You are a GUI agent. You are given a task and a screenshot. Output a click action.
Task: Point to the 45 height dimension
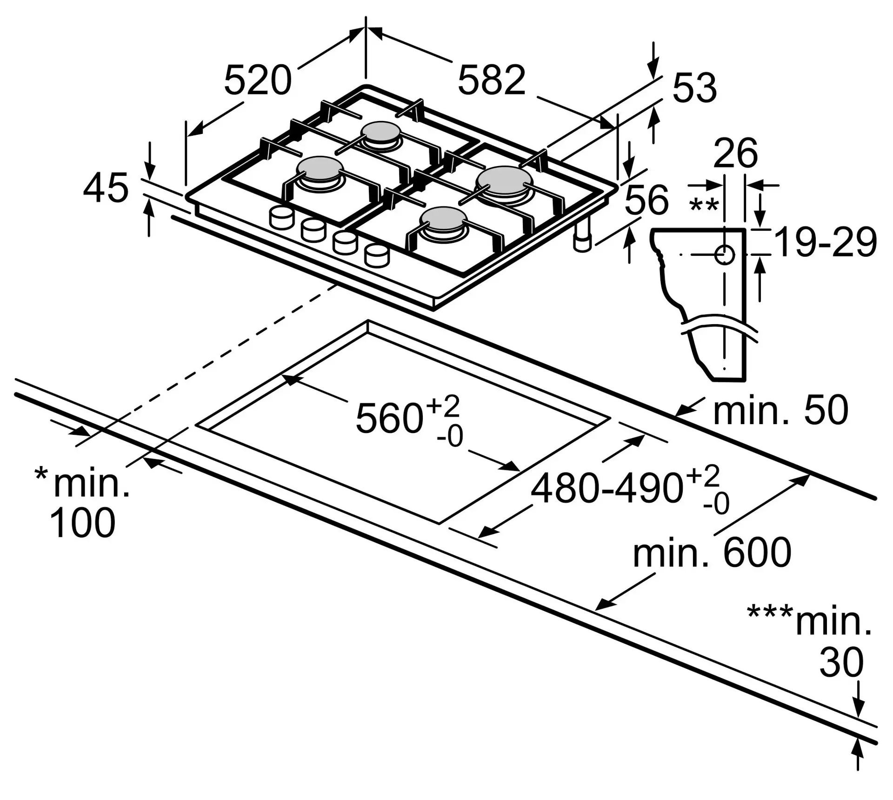106,188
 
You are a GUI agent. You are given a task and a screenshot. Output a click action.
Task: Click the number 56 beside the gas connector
646,200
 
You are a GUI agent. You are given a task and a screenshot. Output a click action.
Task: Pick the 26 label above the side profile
735,153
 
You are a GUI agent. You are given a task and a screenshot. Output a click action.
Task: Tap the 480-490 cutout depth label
606,488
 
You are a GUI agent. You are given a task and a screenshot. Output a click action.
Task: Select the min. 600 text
712,553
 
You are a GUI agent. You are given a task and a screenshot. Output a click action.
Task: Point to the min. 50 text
780,410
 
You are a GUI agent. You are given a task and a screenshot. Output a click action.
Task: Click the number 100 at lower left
82,523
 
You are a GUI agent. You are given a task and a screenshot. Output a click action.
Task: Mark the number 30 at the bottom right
841,662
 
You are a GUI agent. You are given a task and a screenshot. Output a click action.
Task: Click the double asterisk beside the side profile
704,206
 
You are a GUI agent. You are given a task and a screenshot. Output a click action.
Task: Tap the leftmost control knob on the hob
281,218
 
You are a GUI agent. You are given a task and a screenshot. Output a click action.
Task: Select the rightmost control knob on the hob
377,256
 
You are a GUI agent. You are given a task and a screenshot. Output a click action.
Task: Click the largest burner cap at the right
504,180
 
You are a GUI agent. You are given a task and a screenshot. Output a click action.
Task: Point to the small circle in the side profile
724,255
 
